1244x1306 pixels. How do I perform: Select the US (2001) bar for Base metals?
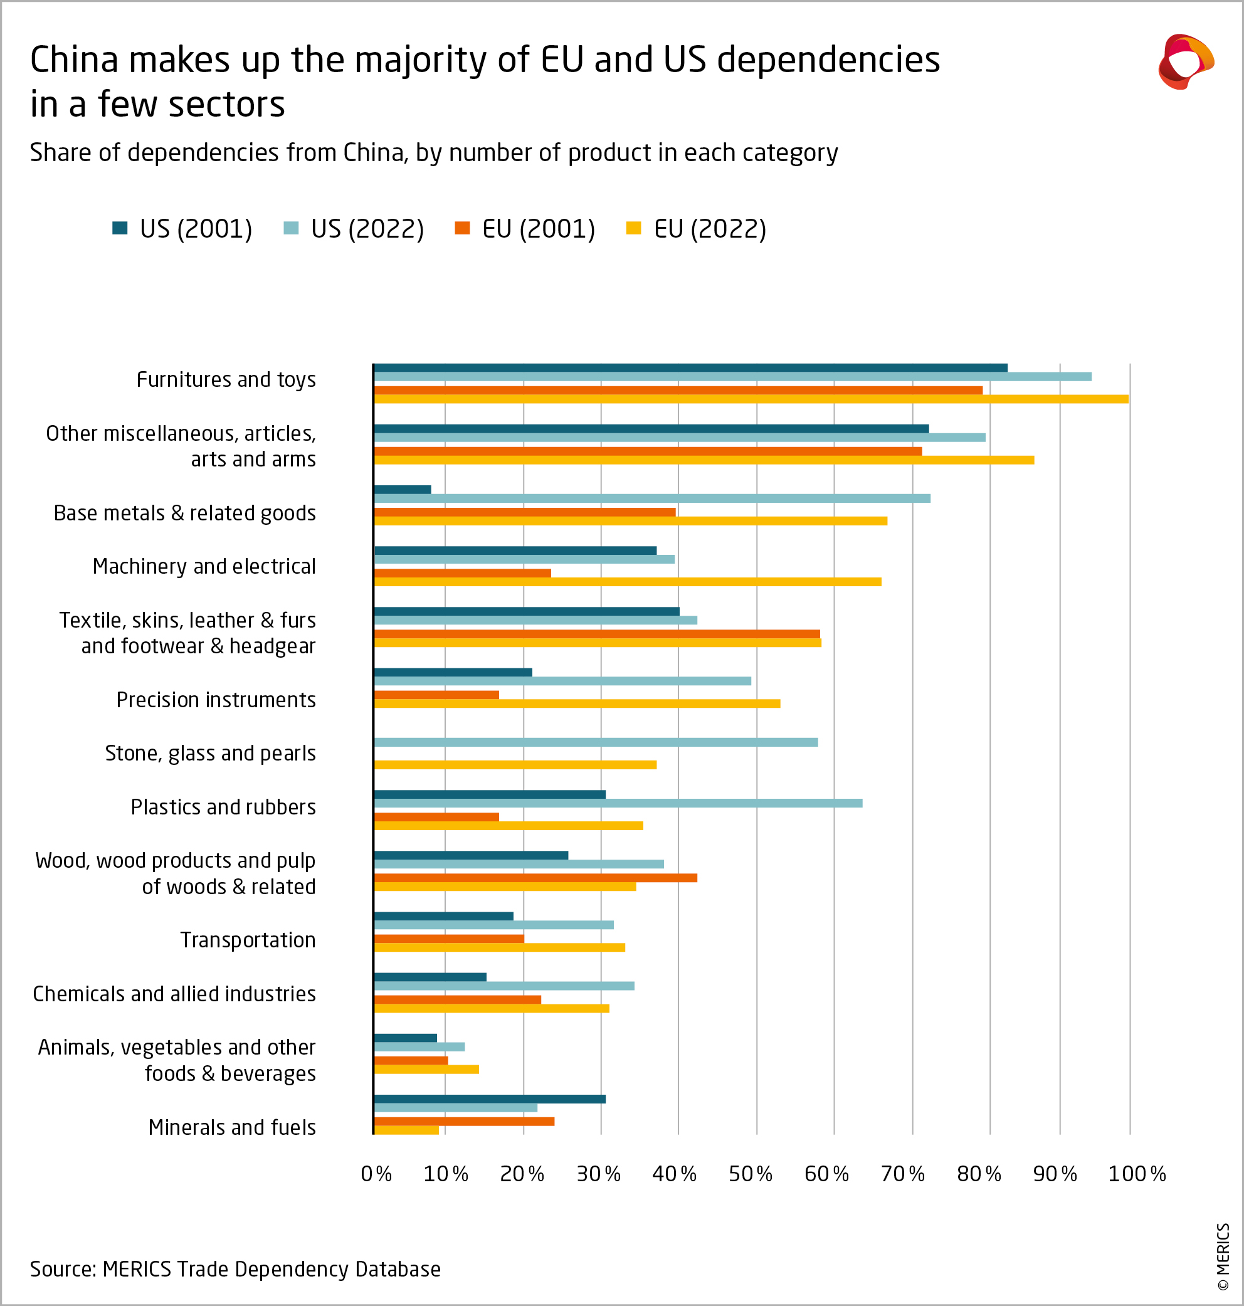click(x=403, y=489)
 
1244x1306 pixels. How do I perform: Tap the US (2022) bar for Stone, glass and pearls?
click(x=596, y=742)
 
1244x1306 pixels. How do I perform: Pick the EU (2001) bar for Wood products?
click(x=535, y=878)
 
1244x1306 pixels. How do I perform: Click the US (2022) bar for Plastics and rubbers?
click(x=618, y=803)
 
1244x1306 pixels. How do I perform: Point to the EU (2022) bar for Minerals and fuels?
click(x=406, y=1130)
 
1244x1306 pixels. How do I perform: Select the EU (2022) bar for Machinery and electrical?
click(x=627, y=581)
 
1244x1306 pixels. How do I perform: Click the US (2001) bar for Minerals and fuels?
click(x=489, y=1099)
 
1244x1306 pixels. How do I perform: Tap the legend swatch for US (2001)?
click(x=120, y=229)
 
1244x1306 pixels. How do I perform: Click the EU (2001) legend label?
click(x=538, y=229)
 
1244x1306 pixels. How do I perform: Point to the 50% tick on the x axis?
click(x=750, y=1174)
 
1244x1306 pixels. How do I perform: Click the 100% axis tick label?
click(x=1136, y=1174)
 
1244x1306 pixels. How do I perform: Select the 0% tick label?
click(x=376, y=1174)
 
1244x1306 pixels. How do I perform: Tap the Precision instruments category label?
click(x=216, y=700)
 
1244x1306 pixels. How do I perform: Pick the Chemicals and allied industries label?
click(x=174, y=994)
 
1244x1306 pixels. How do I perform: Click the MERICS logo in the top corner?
click(x=1186, y=61)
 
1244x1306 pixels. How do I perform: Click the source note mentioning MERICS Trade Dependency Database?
click(x=235, y=1269)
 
